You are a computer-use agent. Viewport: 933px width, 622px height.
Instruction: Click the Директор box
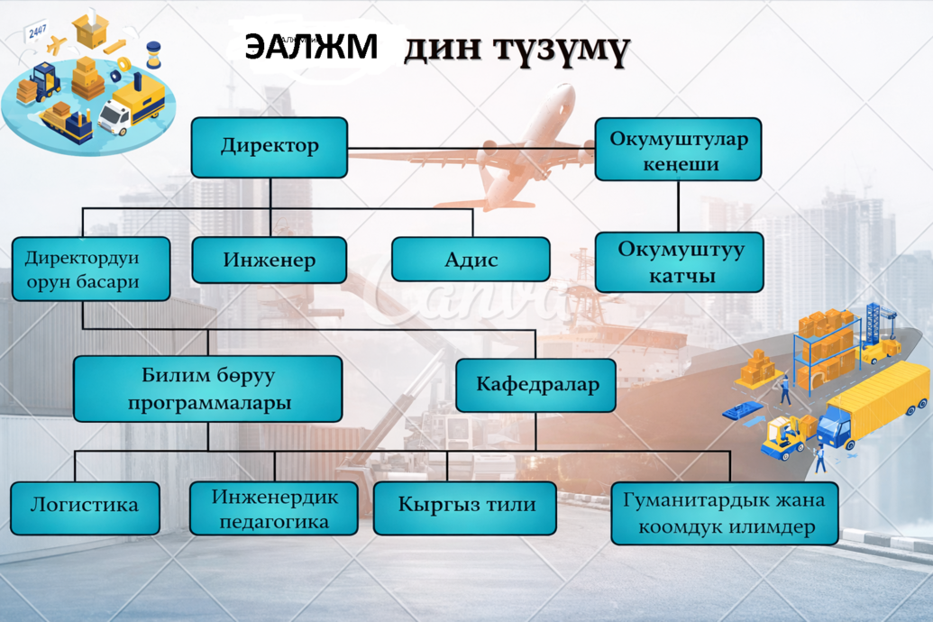coord(269,147)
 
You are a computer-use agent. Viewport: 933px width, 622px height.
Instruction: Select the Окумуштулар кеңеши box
coord(678,151)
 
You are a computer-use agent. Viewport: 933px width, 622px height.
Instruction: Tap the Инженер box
coord(269,261)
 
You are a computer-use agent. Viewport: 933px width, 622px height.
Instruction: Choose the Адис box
coord(471,260)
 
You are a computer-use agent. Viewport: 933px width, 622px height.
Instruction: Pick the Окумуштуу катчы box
coord(680,262)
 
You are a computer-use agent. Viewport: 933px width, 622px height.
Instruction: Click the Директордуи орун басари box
coord(90,269)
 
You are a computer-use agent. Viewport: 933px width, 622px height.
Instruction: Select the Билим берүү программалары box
coord(207,389)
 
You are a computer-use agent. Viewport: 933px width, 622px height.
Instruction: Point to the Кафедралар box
coord(535,385)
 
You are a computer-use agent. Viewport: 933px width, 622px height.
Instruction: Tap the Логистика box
coord(85,508)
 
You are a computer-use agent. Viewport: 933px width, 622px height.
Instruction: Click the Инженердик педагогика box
coord(274,508)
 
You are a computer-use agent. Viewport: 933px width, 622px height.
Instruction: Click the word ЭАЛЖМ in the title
coord(311,47)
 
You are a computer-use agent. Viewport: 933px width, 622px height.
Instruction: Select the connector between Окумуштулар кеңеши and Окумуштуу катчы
coord(678,206)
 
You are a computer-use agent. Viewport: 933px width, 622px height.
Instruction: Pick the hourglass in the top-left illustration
coord(153,54)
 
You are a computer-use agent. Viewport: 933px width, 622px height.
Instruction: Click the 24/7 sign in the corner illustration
coord(37,32)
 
